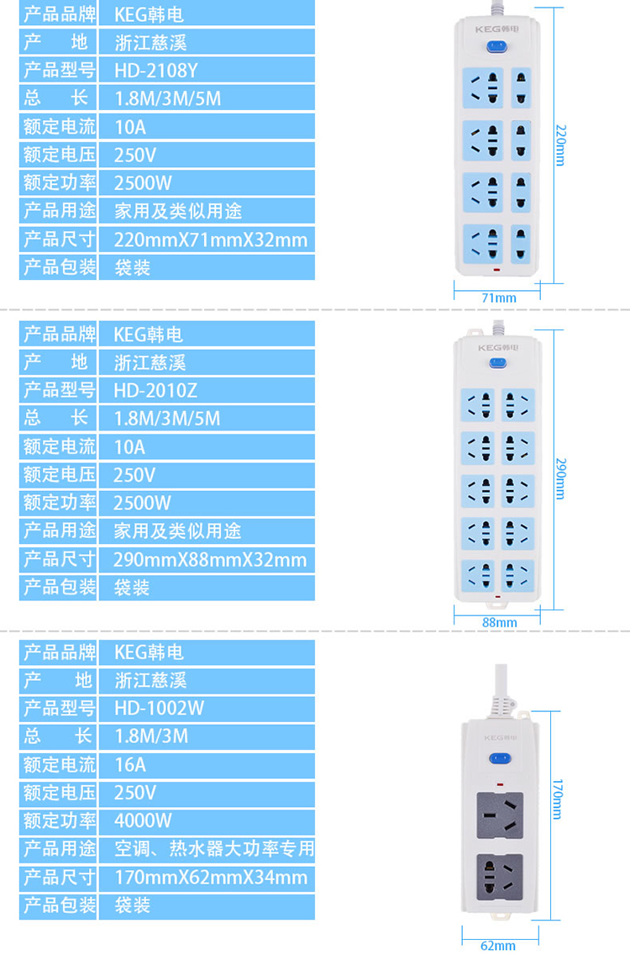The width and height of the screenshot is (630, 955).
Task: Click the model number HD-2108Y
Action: coord(156,71)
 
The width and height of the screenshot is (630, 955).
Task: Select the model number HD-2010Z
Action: coord(155,390)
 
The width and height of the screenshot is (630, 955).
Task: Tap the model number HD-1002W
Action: coord(159,708)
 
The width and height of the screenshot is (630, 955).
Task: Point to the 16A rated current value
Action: coord(130,764)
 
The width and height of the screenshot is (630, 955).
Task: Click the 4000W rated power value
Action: coord(143,820)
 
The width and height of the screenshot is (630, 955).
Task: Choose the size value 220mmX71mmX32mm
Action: coord(211,240)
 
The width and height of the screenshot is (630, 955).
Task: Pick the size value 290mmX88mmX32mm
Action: coord(210,559)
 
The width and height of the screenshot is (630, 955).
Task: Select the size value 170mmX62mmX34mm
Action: coord(211,877)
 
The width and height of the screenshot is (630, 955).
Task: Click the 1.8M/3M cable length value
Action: coord(151,736)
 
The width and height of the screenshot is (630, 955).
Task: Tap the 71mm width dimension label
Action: coord(498,298)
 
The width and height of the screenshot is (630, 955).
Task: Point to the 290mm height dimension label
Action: coord(560,478)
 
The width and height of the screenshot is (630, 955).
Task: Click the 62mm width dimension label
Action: coord(498,945)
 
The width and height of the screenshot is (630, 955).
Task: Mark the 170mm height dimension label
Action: coord(557,799)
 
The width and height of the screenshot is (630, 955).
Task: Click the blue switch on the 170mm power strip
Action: coord(500,758)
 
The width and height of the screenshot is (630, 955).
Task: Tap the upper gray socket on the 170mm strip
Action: coord(500,815)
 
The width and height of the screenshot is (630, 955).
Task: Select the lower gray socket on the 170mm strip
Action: coord(500,877)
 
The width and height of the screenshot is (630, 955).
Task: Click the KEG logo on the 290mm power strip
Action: coord(498,348)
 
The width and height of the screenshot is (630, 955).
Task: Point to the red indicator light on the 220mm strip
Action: coord(496,270)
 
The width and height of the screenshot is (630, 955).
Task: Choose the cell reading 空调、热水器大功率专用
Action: coord(214,848)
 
